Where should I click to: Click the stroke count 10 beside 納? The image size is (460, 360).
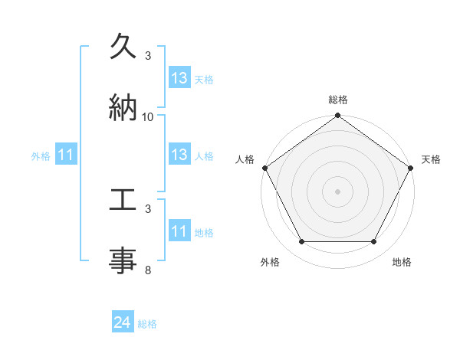(148, 116)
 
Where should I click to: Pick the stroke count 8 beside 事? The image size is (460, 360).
(148, 270)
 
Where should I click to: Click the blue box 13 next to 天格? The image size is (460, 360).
(179, 78)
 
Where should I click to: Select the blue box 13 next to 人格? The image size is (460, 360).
(179, 155)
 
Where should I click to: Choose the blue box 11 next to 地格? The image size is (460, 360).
(179, 231)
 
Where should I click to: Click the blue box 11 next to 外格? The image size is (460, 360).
(66, 155)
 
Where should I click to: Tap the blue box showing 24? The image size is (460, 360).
(122, 323)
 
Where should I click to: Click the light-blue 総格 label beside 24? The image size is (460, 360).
(147, 324)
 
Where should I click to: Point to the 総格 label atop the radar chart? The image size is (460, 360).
(338, 100)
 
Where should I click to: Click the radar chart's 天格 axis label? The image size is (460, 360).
(431, 159)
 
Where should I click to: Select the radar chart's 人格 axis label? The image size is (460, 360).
(245, 159)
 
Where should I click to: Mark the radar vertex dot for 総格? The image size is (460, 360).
(338, 116)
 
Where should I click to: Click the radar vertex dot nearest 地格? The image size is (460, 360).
(374, 242)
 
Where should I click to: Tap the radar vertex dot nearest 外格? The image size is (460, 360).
(302, 242)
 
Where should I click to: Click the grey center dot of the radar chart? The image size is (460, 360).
(338, 191)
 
